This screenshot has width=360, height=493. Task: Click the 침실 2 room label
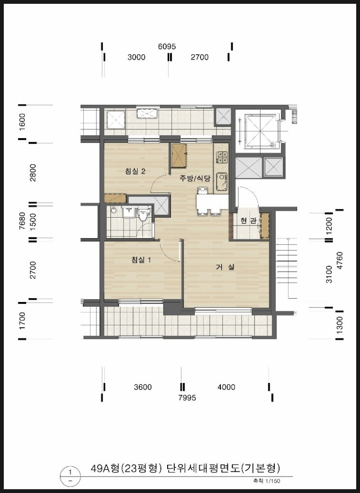coord(135,171)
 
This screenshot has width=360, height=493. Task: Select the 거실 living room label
coord(225,267)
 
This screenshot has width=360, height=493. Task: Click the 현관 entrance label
coord(248,221)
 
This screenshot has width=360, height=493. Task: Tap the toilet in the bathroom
coord(143,214)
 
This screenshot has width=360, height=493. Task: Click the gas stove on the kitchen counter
coord(222,157)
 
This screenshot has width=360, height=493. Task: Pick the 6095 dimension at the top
coord(167,47)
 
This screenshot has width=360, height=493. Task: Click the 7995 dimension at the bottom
coord(187,398)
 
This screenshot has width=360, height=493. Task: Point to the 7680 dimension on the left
coord(22,221)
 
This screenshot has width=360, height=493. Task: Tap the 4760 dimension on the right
coord(339,260)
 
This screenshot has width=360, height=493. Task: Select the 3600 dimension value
coord(143,387)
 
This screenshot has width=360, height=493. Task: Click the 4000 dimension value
coord(226,387)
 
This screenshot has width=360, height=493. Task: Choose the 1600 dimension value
coord(22,122)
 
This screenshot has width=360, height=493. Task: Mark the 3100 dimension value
coord(329,274)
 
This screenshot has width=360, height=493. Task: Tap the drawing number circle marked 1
coord(70,472)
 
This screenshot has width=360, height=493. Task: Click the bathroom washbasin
coord(128,212)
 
